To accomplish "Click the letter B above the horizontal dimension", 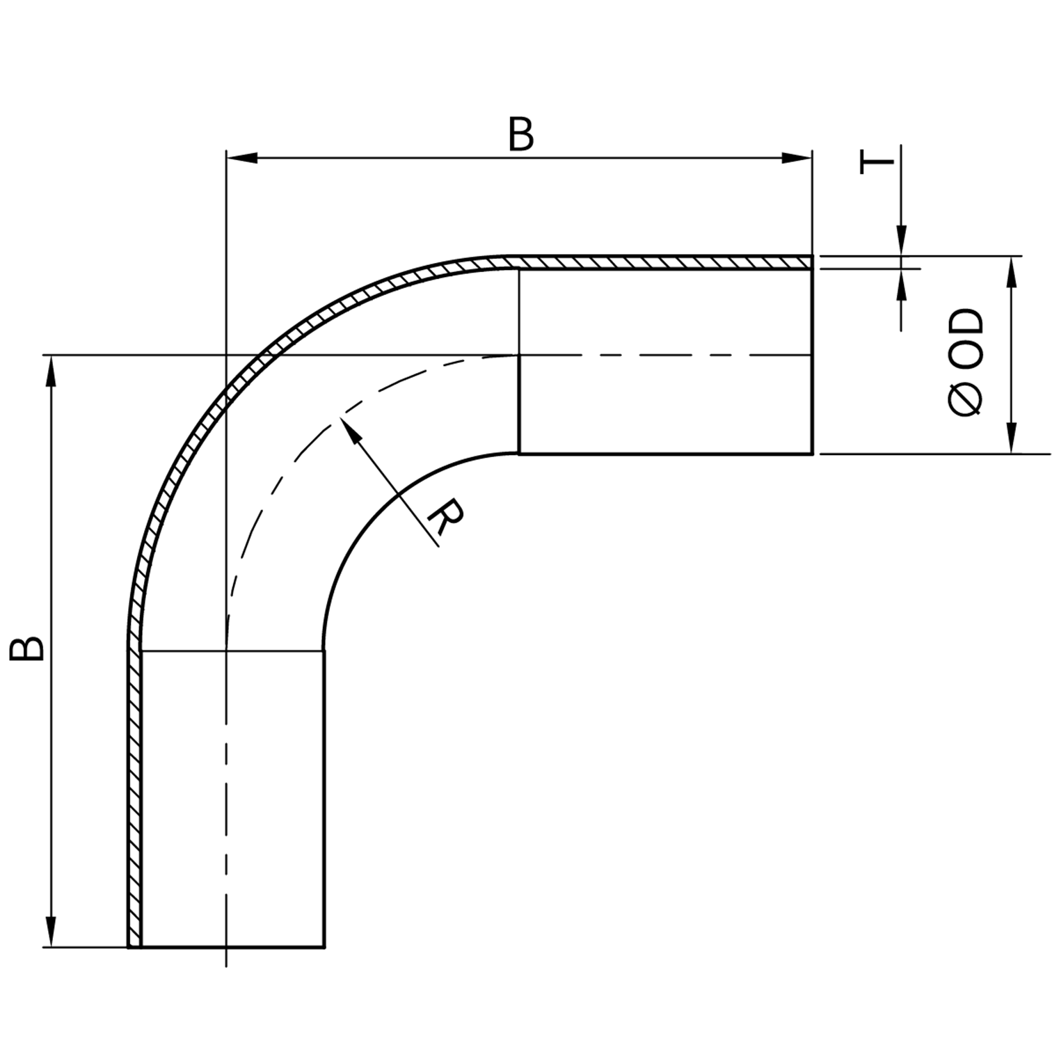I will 520,135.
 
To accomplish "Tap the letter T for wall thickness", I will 877,161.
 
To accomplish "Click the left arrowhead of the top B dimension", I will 240,158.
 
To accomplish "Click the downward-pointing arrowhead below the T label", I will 901,241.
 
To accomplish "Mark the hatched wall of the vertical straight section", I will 134,800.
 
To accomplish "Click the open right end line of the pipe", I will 813,362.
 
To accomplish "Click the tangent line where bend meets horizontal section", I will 519,362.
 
